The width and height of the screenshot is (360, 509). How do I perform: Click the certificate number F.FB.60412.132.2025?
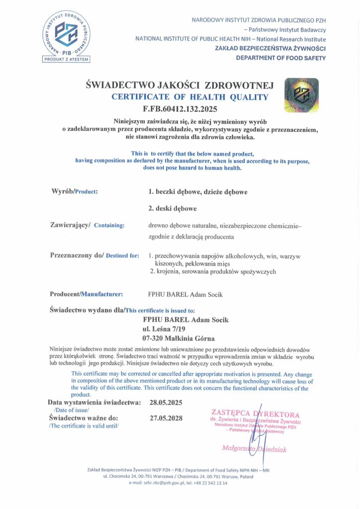180,108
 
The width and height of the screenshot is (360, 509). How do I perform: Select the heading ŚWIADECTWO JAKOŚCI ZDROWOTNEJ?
180,85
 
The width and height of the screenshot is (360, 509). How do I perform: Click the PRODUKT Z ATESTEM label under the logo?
66,60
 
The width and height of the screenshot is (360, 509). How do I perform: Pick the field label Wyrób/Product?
75,191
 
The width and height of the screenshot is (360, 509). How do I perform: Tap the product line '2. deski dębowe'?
170,208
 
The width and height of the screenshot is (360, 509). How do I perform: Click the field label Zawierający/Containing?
88,225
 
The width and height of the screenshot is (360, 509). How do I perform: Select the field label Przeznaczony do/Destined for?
94,255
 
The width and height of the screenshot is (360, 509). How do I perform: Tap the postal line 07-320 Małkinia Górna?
178,339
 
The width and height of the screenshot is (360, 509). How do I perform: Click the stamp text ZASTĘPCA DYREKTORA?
256,414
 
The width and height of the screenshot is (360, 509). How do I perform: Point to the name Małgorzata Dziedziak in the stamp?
254,449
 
